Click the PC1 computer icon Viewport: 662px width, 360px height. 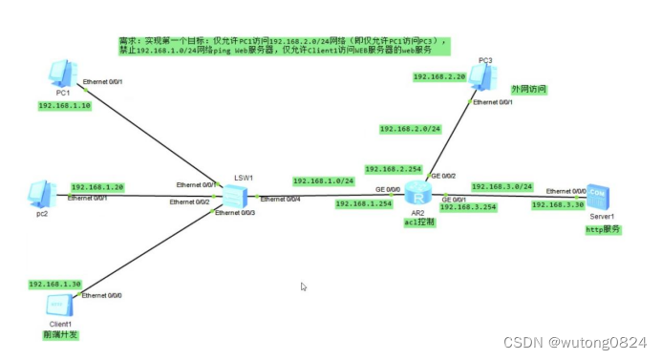pos(61,73)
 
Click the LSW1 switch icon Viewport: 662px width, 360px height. pos(234,197)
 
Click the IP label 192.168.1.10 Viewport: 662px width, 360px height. pos(65,106)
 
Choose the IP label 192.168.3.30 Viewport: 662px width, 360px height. pos(559,205)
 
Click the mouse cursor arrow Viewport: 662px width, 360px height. pos(304,286)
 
